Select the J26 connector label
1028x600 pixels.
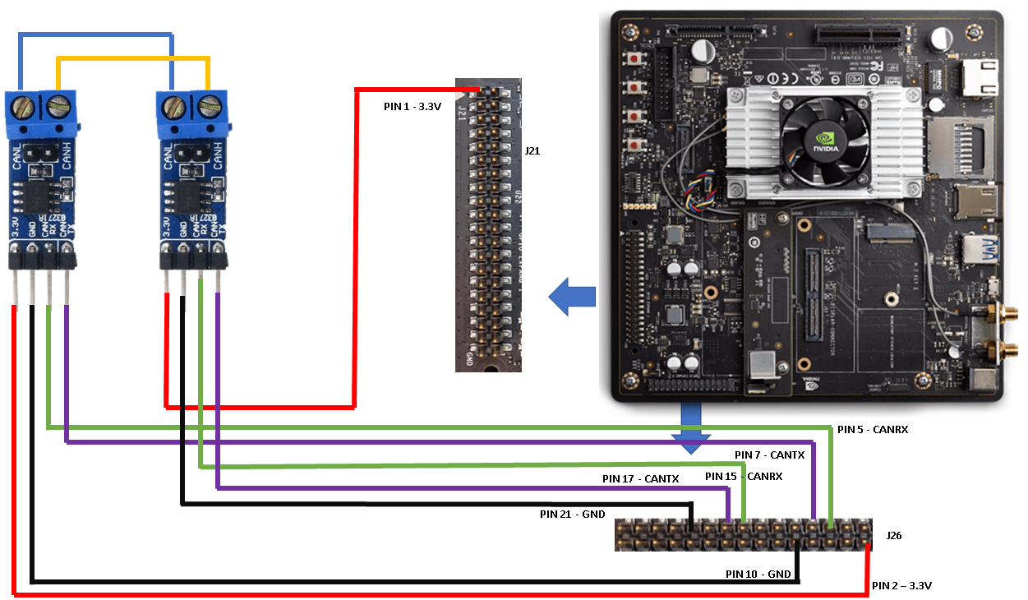point(894,536)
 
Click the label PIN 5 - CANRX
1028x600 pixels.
point(872,429)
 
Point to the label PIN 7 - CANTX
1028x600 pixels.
point(769,455)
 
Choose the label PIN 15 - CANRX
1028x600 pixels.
point(743,476)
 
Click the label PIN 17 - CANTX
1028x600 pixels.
point(640,478)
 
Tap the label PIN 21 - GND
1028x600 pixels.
point(572,515)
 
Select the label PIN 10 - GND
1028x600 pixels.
point(758,574)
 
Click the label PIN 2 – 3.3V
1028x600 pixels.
point(901,586)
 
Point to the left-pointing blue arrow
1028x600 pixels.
point(571,297)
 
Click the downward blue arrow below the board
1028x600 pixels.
point(691,429)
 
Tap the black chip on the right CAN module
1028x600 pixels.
point(191,196)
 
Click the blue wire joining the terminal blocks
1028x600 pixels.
point(96,35)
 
